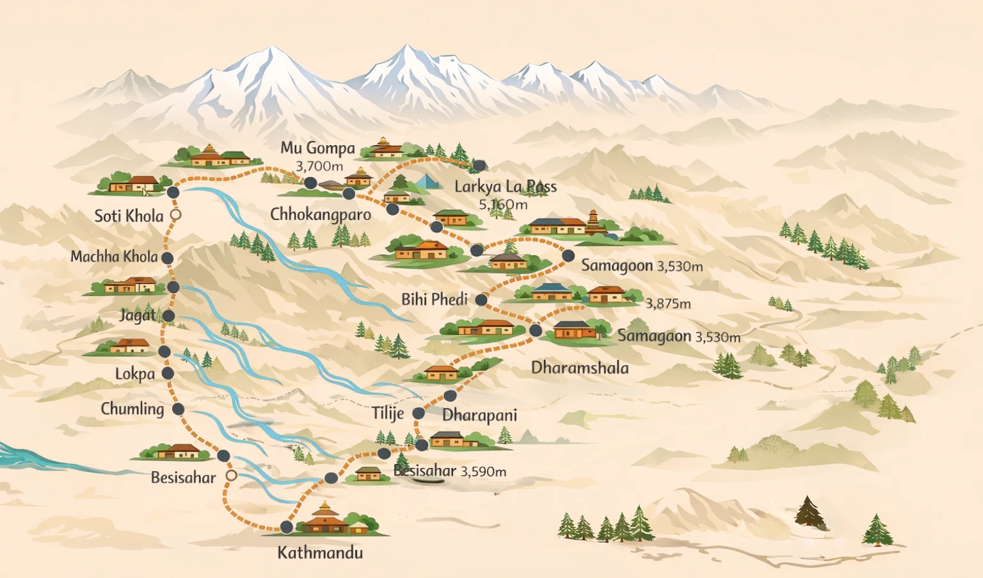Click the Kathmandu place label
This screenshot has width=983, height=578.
pos(320,553)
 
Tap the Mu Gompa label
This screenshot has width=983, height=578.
pos(317,148)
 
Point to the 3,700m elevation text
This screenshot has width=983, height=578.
pos(319,166)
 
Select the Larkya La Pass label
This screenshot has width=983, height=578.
pos(505,187)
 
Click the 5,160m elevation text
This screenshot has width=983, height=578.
pos(503,205)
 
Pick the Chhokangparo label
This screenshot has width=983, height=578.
pos(320,214)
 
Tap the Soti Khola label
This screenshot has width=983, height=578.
pos(129,216)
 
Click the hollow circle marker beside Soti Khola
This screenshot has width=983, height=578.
pos(175,215)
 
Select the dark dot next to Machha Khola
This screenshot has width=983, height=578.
pos(167,258)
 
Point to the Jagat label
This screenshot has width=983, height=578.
pos(137,315)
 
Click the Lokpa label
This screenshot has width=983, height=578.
pos(135,374)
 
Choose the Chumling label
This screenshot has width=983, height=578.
pos(132,409)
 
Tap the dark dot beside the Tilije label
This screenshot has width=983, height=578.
pos(419,414)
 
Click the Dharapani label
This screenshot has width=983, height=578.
pos(479,415)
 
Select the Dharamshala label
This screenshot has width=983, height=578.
pos(580,368)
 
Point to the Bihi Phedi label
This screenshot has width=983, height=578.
pos(434,299)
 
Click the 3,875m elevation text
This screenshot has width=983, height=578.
pos(668,304)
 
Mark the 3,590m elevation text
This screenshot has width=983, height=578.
pos(483,472)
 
